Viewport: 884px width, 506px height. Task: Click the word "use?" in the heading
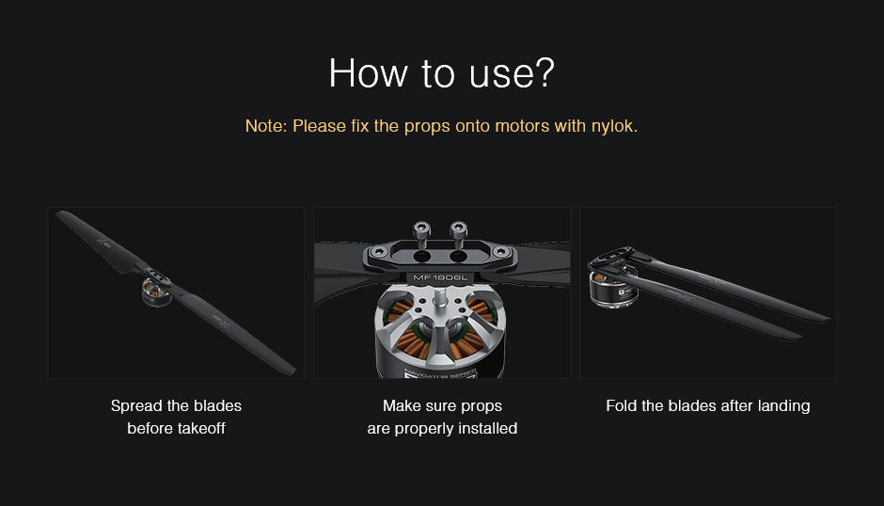(x=512, y=73)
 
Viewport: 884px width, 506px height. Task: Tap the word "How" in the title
(x=368, y=72)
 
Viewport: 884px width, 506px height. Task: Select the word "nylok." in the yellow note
(x=614, y=126)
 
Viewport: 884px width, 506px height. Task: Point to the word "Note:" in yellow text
(x=266, y=126)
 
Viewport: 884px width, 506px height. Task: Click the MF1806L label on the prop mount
(x=440, y=277)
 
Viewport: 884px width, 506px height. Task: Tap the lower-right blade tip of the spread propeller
(x=291, y=370)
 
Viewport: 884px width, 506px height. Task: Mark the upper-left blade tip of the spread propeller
(x=61, y=214)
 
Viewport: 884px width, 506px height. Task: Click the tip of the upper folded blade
(x=826, y=319)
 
